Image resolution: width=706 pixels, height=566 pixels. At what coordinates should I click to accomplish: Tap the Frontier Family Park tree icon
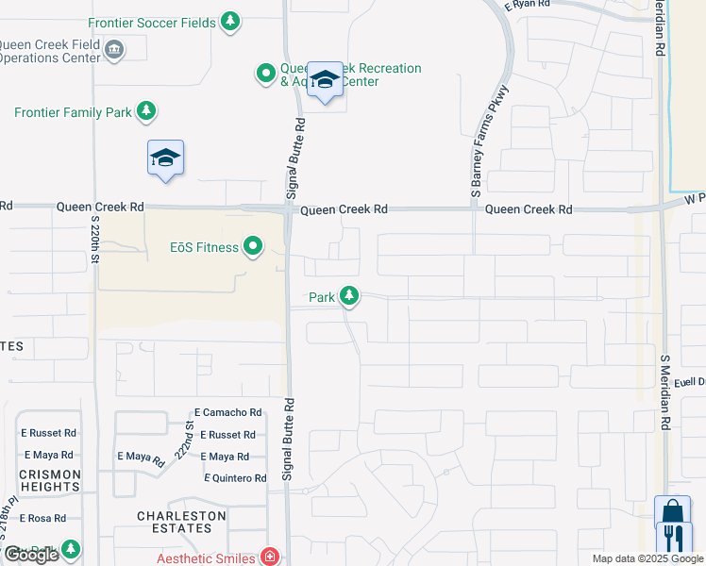pyautogui.click(x=146, y=112)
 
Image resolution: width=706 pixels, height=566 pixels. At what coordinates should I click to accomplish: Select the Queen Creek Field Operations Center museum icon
pyautogui.click(x=114, y=49)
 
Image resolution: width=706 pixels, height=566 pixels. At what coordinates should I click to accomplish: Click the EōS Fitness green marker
pyautogui.click(x=253, y=248)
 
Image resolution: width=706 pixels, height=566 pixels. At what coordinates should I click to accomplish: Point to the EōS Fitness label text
pyautogui.click(x=203, y=248)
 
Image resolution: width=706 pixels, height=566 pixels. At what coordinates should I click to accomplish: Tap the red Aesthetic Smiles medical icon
pyautogui.click(x=271, y=558)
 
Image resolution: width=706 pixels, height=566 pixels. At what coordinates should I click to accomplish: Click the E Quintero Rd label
pyautogui.click(x=235, y=478)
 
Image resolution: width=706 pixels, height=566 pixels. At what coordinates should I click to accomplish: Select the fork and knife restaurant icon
pyautogui.click(x=674, y=539)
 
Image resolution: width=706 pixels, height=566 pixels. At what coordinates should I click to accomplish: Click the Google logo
pyautogui.click(x=31, y=555)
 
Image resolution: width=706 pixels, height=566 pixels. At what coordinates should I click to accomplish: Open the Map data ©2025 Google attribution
pyautogui.click(x=647, y=558)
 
